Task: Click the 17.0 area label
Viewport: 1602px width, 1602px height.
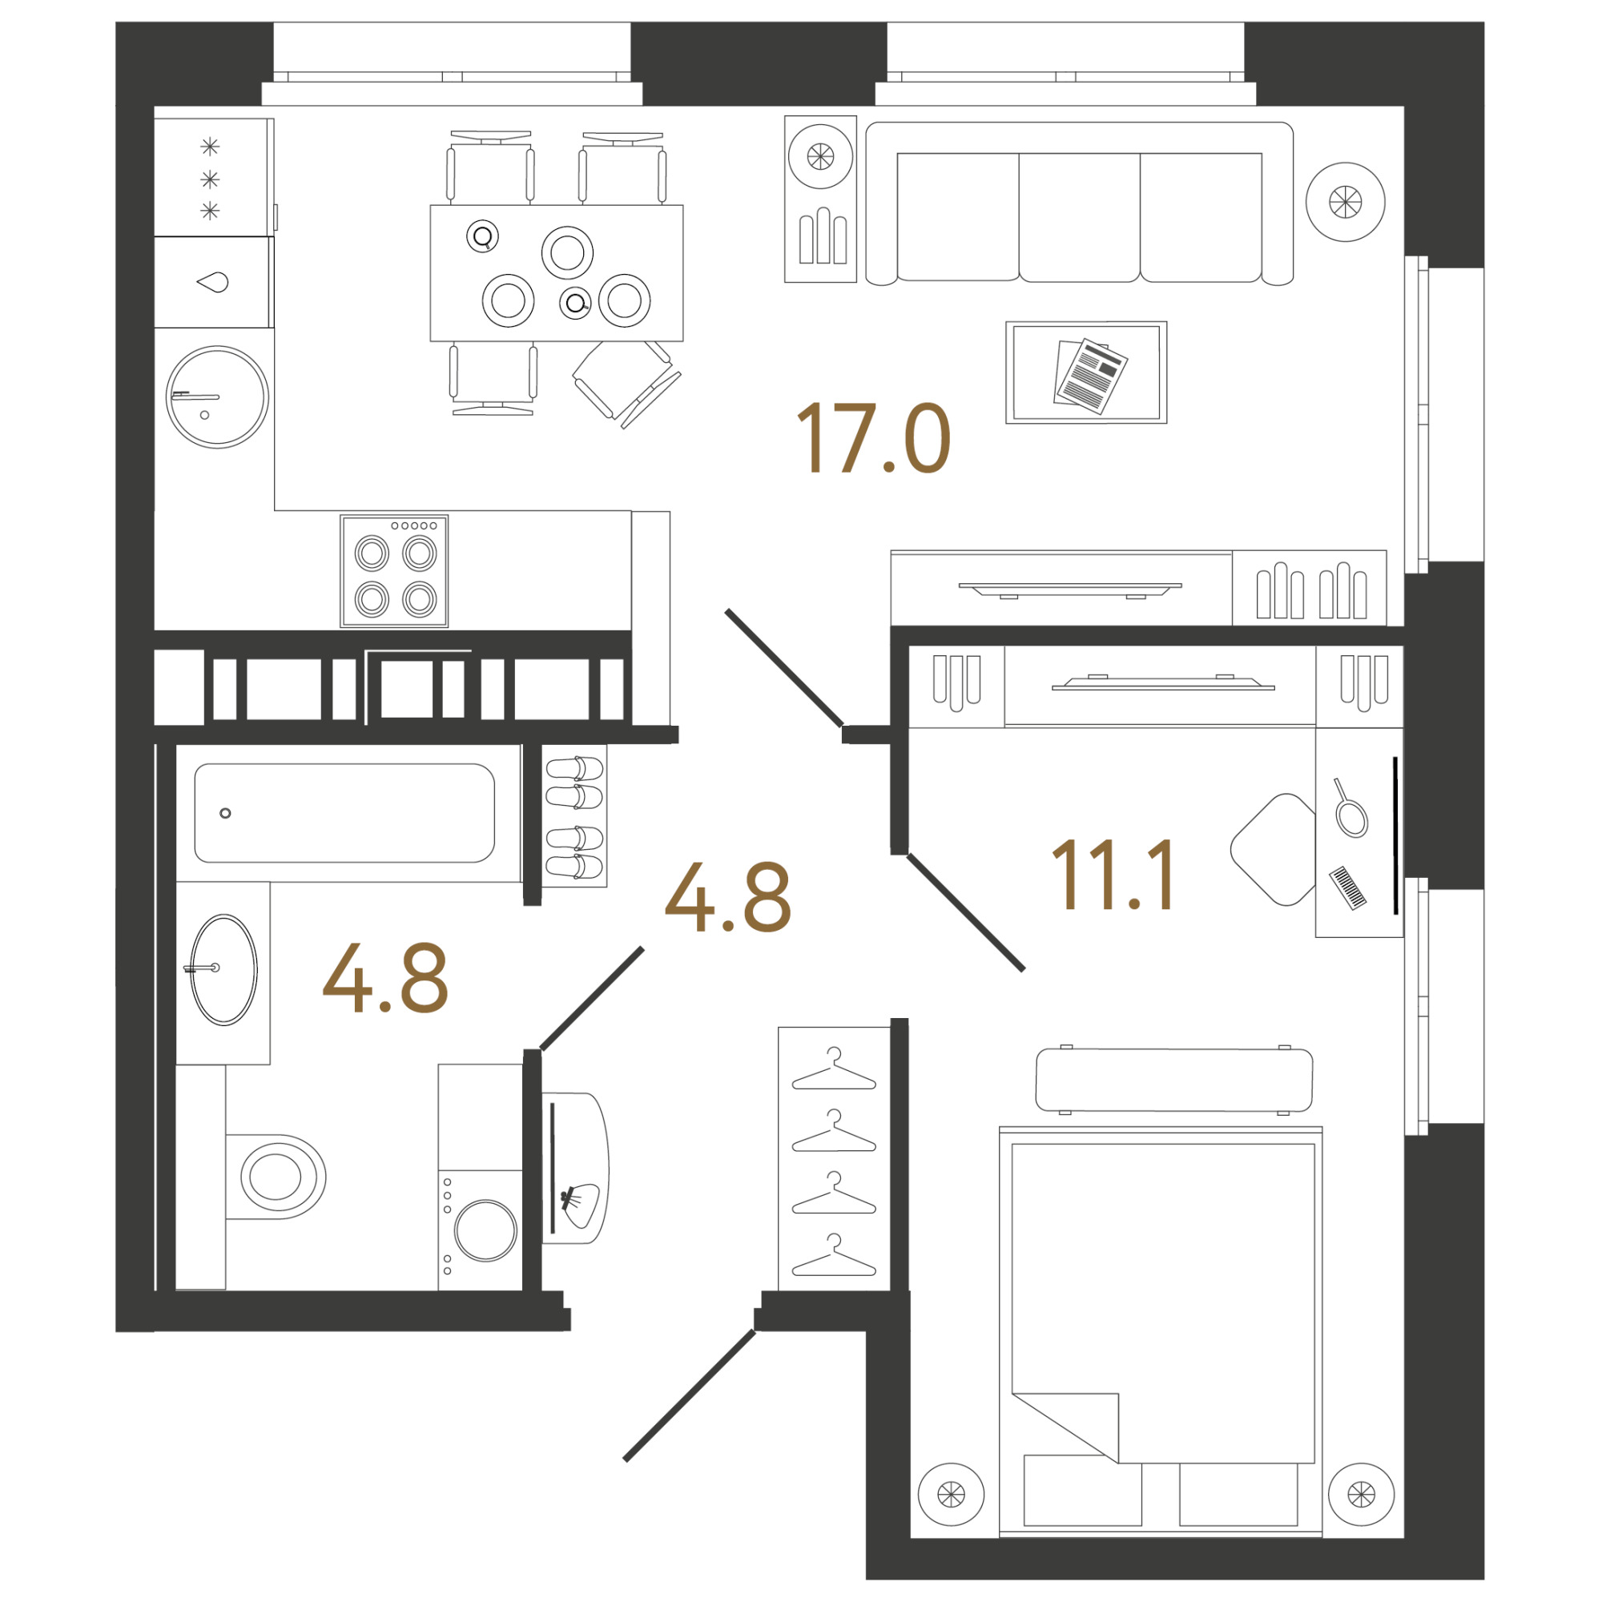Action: tap(873, 439)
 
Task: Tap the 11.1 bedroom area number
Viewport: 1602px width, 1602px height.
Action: tap(1113, 874)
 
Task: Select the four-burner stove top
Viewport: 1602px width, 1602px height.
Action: tap(395, 571)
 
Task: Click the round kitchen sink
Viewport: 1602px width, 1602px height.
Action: tap(217, 397)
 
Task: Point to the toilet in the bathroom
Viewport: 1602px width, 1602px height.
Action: tap(276, 1177)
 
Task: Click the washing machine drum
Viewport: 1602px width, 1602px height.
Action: tap(486, 1230)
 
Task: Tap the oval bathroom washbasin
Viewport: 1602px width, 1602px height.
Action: tap(224, 970)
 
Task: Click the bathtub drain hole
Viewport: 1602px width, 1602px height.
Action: tap(226, 814)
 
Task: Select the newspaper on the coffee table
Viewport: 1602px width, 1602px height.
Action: tap(1090, 376)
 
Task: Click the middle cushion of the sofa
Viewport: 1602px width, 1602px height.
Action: tap(1080, 217)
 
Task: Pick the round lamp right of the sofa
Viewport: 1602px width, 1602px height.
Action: tap(1346, 202)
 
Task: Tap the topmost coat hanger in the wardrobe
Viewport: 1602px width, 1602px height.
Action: tap(834, 1069)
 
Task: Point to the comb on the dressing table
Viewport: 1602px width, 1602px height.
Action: tap(1348, 889)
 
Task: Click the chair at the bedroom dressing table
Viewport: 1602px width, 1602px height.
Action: tap(1274, 849)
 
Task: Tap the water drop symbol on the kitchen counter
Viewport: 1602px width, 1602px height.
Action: tap(213, 283)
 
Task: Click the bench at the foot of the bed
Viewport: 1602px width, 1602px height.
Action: tap(1174, 1079)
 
